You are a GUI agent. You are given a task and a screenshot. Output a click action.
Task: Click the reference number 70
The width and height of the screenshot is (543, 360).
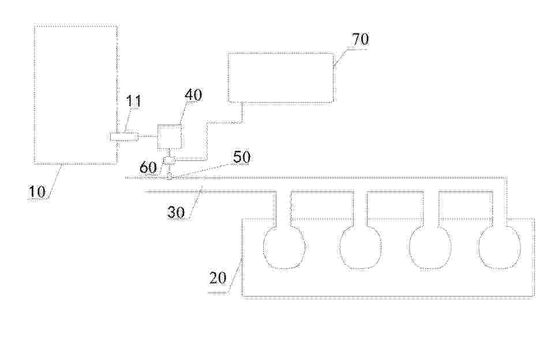pyautogui.click(x=360, y=39)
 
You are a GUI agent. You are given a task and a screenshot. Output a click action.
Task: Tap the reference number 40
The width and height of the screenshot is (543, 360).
pyautogui.click(x=193, y=95)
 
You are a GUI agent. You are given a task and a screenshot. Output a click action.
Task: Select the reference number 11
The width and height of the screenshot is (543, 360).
pyautogui.click(x=133, y=102)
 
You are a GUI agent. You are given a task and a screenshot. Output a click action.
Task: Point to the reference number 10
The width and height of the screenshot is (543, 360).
pyautogui.click(x=37, y=192)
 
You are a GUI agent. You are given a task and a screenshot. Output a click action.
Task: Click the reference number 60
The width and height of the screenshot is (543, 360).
pyautogui.click(x=148, y=168)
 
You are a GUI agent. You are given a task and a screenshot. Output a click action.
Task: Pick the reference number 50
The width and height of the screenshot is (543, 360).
pyautogui.click(x=241, y=157)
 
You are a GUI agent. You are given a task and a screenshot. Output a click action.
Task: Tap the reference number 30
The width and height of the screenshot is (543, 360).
pyautogui.click(x=176, y=212)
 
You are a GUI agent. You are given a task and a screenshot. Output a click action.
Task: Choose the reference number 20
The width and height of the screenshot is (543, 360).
pyautogui.click(x=218, y=277)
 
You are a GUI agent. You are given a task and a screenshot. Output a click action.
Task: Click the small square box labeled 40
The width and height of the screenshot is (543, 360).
pyautogui.click(x=170, y=137)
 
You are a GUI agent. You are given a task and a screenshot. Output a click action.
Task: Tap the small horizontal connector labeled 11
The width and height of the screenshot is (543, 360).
pyautogui.click(x=124, y=137)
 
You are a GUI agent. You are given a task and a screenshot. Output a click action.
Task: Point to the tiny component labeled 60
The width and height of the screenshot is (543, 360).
pyautogui.click(x=169, y=160)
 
